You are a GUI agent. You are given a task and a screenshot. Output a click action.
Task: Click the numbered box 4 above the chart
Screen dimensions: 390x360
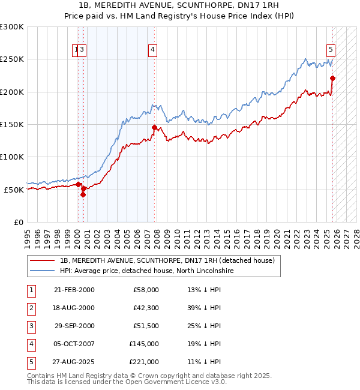153,50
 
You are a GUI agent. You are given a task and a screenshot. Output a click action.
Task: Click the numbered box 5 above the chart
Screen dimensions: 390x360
331,50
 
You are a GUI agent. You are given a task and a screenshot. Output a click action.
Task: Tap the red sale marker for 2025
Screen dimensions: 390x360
332,78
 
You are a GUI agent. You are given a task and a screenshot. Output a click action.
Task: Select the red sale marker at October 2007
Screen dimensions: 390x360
154,127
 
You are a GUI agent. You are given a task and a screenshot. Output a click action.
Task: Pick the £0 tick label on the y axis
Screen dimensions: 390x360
18,222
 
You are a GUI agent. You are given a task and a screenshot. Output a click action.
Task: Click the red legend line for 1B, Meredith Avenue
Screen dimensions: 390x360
42,260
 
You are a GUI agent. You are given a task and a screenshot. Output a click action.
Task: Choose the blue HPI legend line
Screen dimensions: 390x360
42,271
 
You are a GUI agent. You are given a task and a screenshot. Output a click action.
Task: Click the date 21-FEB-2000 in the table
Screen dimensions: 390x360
74,290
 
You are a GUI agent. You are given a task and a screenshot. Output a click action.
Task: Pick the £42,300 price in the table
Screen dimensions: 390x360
144,308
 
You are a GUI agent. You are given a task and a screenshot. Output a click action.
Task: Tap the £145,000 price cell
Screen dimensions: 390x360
144,344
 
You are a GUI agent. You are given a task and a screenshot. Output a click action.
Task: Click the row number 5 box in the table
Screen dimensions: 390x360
30,362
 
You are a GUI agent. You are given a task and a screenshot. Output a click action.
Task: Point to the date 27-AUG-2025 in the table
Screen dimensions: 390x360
74,362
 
